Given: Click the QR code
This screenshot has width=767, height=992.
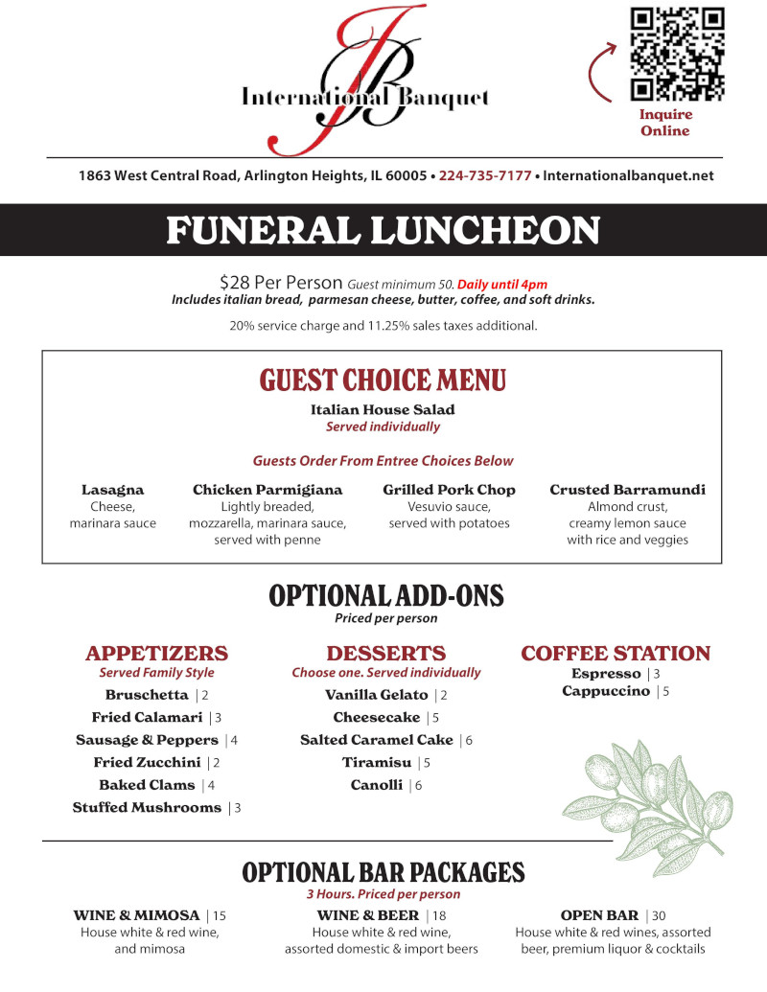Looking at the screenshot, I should point(677,54).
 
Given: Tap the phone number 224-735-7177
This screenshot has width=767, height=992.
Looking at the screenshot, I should point(485,176).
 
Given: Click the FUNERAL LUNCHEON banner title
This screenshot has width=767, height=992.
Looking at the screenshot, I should point(383,231).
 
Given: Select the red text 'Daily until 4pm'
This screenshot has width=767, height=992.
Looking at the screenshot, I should point(502,284).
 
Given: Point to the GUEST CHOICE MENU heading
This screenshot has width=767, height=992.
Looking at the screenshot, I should point(383,381).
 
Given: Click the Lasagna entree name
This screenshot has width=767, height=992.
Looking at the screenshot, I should point(113,490).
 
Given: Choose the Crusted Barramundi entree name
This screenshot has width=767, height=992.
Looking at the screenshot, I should point(627,490).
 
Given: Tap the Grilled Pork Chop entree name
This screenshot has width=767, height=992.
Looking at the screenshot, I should point(449,490).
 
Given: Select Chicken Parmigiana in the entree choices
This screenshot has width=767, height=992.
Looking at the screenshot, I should point(267,490).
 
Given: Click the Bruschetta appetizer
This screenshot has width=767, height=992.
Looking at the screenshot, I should point(147,695).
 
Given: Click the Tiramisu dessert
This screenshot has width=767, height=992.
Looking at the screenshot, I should point(377,763).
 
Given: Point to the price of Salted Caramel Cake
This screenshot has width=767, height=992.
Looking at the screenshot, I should point(470,741).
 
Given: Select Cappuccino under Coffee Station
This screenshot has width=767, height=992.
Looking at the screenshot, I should point(606,691).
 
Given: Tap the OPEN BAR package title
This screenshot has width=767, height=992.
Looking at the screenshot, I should point(599,915).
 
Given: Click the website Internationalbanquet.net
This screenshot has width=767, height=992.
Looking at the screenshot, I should point(628,176).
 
